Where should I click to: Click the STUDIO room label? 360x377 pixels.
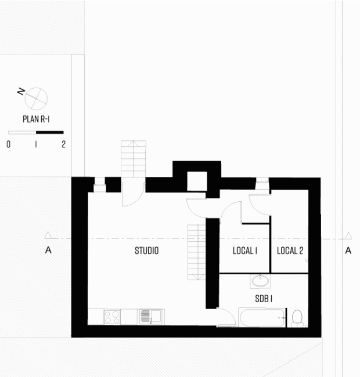pyautogui.click(x=146, y=251)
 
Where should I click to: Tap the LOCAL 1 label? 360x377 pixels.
pyautogui.click(x=245, y=251)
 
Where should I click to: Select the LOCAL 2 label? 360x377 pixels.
pyautogui.click(x=290, y=251)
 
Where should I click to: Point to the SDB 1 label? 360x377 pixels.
pyautogui.click(x=264, y=299)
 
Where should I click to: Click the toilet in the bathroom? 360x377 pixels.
pyautogui.click(x=297, y=318)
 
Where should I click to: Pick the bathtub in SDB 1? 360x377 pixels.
pyautogui.click(x=262, y=317)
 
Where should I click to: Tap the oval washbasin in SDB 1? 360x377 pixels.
pyautogui.click(x=260, y=281)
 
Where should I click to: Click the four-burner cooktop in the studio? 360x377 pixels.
pyautogui.click(x=112, y=317)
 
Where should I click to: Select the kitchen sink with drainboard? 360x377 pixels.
pyautogui.click(x=151, y=317)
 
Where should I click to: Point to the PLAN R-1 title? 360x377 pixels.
pyautogui.click(x=36, y=119)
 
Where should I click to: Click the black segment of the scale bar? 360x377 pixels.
pyautogui.click(x=50, y=132)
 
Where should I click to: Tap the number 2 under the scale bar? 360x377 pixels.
pyautogui.click(x=63, y=144)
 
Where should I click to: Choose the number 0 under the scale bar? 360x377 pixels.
pyautogui.click(x=9, y=144)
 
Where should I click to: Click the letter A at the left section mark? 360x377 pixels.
pyautogui.click(x=48, y=251)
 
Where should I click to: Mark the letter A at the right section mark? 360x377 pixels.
pyautogui.click(x=348, y=251)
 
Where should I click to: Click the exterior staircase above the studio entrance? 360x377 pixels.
pyautogui.click(x=134, y=159)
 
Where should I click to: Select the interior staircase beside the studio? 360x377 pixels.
pyautogui.click(x=197, y=252)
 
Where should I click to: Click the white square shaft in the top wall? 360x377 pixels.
pyautogui.click(x=197, y=182)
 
